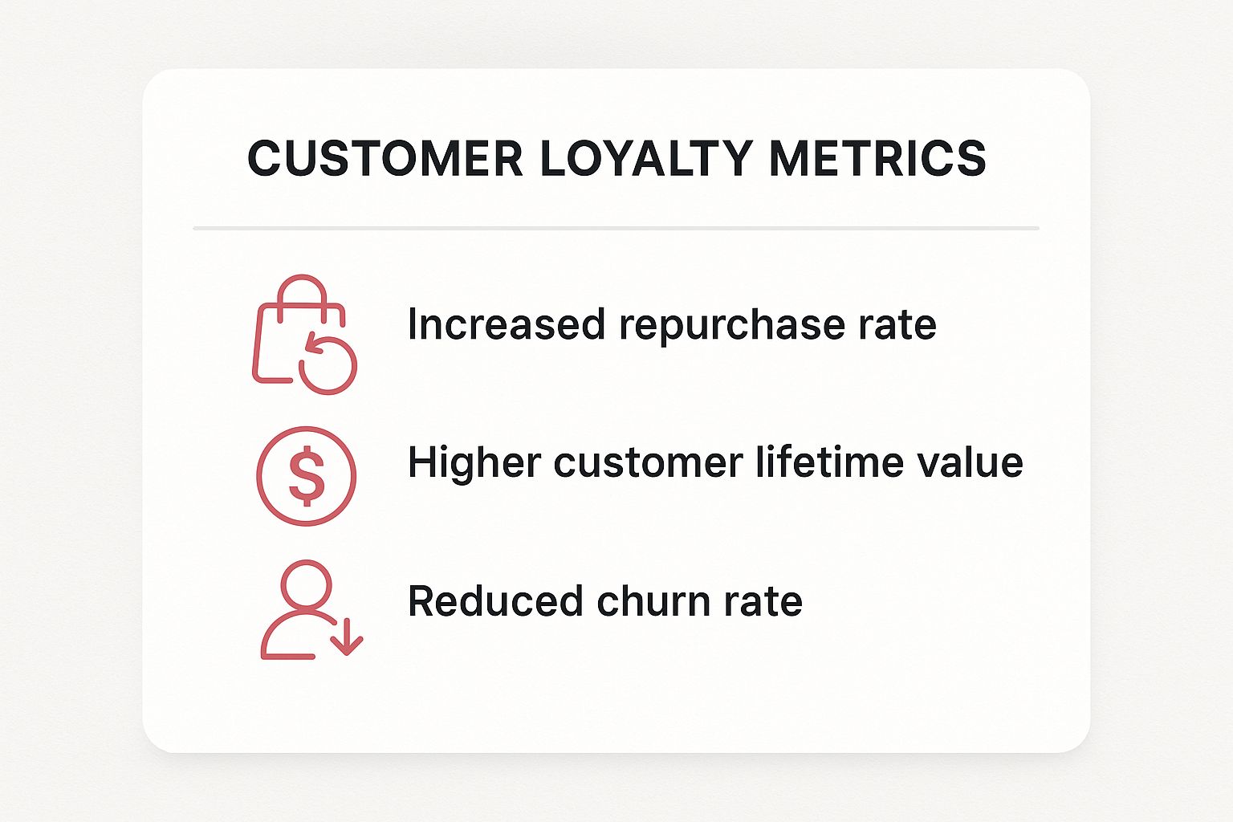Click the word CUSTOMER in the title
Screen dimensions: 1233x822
click(x=385, y=159)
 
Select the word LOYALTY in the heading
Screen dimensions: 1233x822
click(x=646, y=159)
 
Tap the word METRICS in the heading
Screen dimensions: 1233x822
click(x=877, y=159)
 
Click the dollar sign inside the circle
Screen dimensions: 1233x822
click(x=307, y=476)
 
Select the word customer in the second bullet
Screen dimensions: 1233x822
click(x=649, y=464)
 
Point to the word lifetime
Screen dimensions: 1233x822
click(x=830, y=462)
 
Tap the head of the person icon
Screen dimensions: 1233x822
click(x=306, y=584)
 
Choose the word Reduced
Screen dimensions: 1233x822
click(x=495, y=601)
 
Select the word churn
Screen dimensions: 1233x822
click(x=653, y=601)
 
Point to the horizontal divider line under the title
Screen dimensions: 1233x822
click(x=616, y=228)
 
